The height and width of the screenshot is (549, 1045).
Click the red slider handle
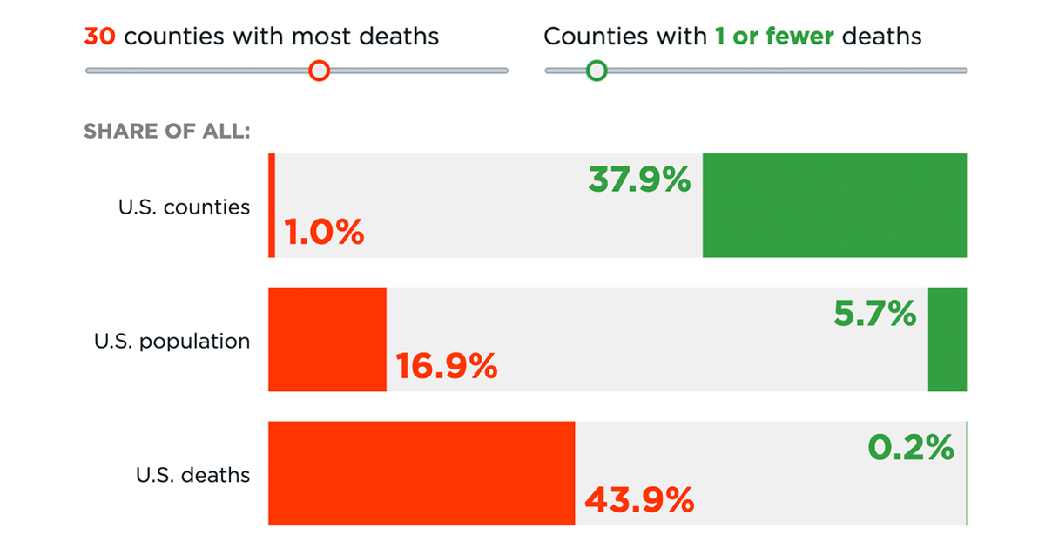[x=320, y=71]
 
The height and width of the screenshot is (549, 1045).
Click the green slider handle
[x=597, y=71]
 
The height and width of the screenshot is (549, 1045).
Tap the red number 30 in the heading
[x=100, y=37]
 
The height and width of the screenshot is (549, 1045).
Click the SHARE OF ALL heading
[x=167, y=132]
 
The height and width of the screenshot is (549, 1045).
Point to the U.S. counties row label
[x=184, y=207]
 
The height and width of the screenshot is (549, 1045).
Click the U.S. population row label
[x=172, y=341]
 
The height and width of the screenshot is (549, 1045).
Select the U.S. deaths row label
[x=192, y=475]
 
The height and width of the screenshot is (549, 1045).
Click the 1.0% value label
[x=324, y=233]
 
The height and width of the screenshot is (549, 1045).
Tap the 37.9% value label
[x=639, y=180]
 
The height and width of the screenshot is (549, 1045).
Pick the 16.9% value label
[x=447, y=367]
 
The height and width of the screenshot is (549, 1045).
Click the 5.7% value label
[x=874, y=314]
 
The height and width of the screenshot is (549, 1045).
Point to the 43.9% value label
[x=639, y=500]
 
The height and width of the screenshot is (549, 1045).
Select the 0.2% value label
[x=911, y=448]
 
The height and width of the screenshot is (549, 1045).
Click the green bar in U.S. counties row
[x=834, y=206]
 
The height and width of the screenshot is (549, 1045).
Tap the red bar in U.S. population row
[x=327, y=340]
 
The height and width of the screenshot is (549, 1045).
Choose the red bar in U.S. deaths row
[x=421, y=473]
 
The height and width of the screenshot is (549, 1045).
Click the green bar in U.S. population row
[x=947, y=340]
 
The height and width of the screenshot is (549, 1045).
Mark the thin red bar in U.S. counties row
[x=272, y=206]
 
